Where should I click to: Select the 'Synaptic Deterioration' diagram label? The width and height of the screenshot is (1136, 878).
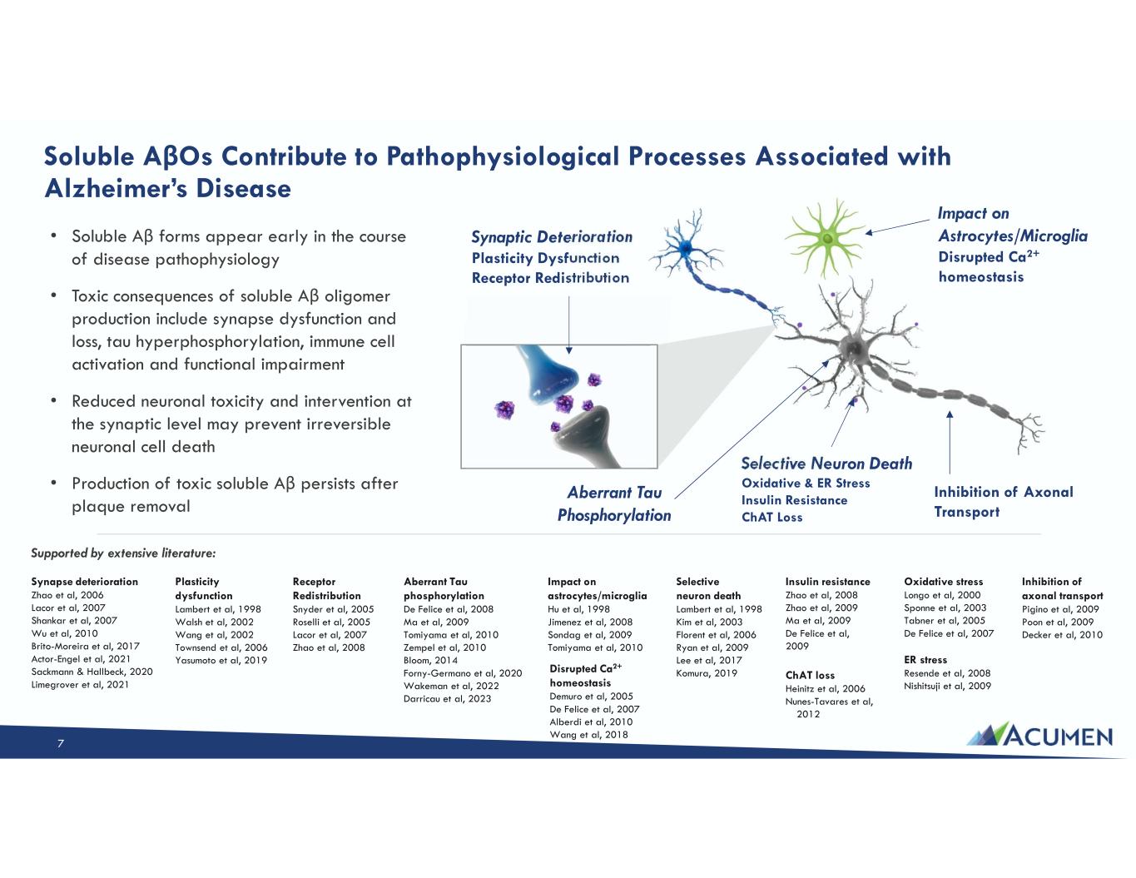coord(552,237)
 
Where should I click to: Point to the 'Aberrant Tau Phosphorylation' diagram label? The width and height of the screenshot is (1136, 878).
coord(614,504)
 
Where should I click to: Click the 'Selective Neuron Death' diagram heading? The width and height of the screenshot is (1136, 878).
coord(826,464)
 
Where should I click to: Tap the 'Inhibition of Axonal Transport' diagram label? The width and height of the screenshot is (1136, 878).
coord(1003,501)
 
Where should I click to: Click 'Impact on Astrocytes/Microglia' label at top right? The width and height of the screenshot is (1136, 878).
coord(1012,225)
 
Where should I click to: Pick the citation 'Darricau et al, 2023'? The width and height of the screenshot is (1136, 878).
coord(447,698)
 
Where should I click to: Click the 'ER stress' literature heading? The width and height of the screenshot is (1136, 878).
coord(925,660)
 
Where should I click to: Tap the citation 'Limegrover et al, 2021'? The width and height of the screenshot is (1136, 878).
coord(79,685)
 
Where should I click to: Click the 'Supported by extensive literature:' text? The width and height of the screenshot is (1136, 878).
coord(123,552)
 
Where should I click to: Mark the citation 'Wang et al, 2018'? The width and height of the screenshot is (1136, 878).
coord(588,735)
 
